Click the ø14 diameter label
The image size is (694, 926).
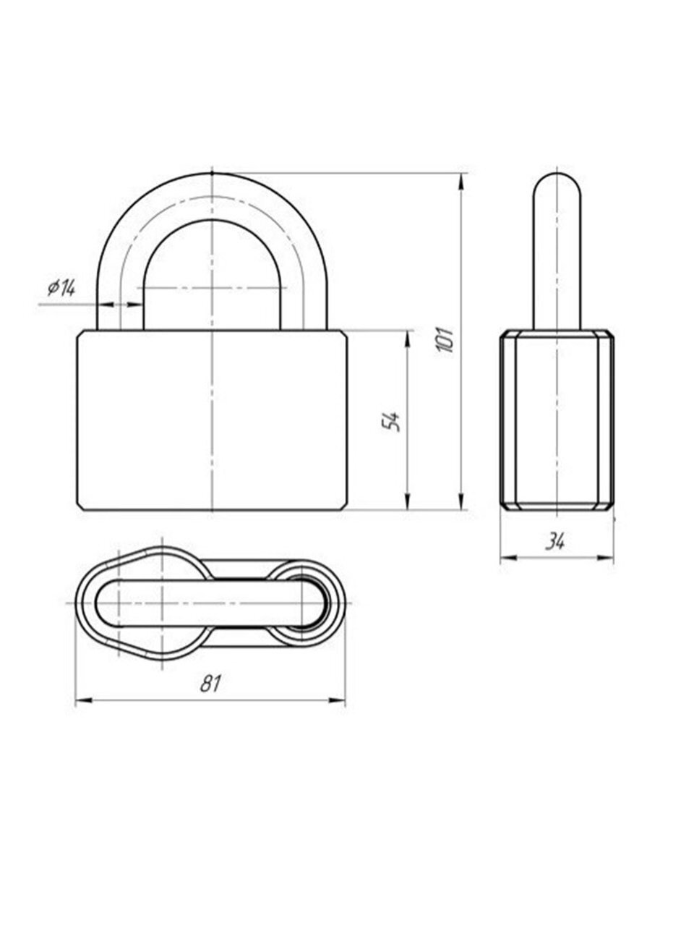coord(61,288)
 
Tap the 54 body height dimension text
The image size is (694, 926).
coord(390,420)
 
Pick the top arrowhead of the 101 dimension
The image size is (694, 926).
coord(462,181)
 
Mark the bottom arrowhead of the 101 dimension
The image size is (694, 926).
coord(462,502)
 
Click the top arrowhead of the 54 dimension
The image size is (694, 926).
coord(408,339)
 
